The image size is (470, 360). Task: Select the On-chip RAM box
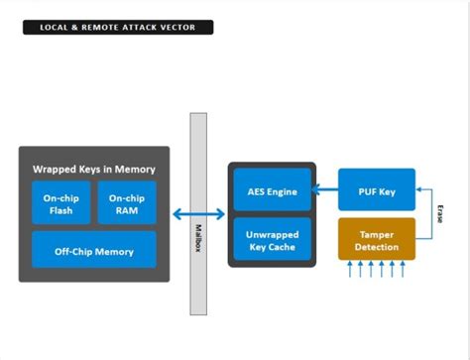[126, 203]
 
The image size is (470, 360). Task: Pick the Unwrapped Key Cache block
[272, 239]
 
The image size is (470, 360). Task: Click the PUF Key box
[376, 190]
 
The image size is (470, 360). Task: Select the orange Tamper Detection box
[376, 239]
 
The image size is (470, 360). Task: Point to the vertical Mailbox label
[198, 238]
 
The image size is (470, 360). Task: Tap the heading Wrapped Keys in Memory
[93, 169]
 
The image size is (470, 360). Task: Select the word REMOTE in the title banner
[104, 27]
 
